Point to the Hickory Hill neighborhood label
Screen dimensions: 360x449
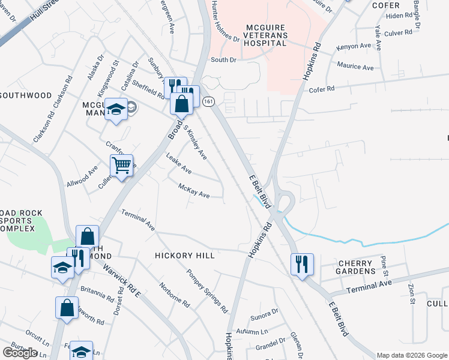tap(185, 256)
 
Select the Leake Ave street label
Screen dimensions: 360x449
tap(178, 163)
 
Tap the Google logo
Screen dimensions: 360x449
tap(20, 353)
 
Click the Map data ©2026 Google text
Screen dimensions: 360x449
tap(411, 355)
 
